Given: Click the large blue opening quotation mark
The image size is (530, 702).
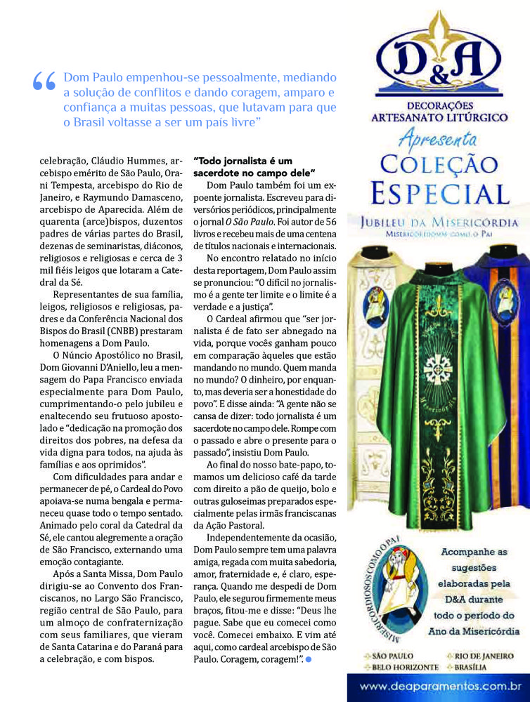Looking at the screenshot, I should click(44, 81).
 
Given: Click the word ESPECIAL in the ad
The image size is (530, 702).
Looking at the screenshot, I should click(439, 192).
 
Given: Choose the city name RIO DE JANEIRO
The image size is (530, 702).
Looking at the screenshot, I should click(477, 656).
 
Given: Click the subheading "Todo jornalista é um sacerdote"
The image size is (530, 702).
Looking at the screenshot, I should click(253, 166).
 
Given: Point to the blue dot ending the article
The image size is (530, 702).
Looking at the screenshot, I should click(308, 660).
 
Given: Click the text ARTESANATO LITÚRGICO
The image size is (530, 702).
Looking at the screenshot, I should click(439, 117).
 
